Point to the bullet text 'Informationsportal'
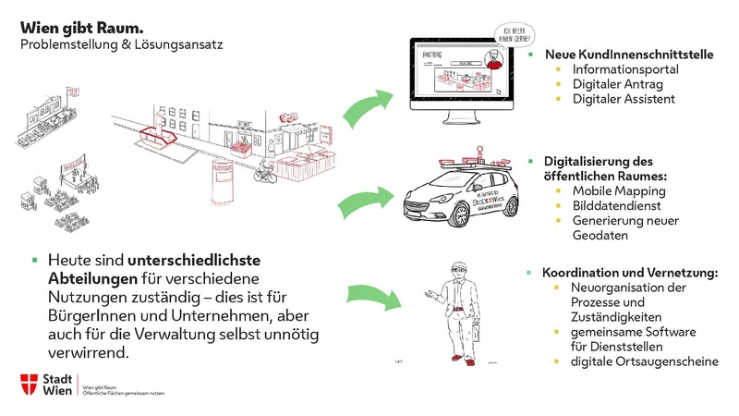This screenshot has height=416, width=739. pos(624,69)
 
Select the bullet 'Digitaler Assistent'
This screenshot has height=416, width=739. pos(624,99)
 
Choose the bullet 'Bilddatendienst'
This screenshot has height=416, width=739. pos(617,205)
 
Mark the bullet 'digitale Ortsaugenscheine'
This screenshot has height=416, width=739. pos(644,361)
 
